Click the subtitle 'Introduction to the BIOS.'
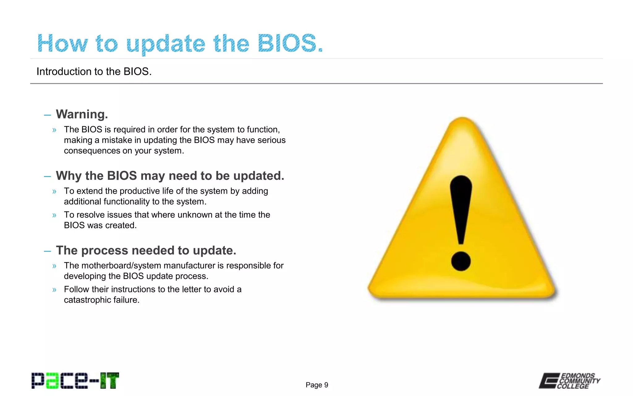click(94, 71)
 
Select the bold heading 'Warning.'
click(82, 114)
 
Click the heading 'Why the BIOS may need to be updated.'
click(170, 176)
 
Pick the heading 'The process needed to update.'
click(146, 250)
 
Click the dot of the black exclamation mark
click(461, 261)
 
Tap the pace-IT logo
click(75, 381)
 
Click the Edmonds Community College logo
click(569, 381)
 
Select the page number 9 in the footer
click(326, 385)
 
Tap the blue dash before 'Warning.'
click(47, 115)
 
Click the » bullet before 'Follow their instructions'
click(54, 290)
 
